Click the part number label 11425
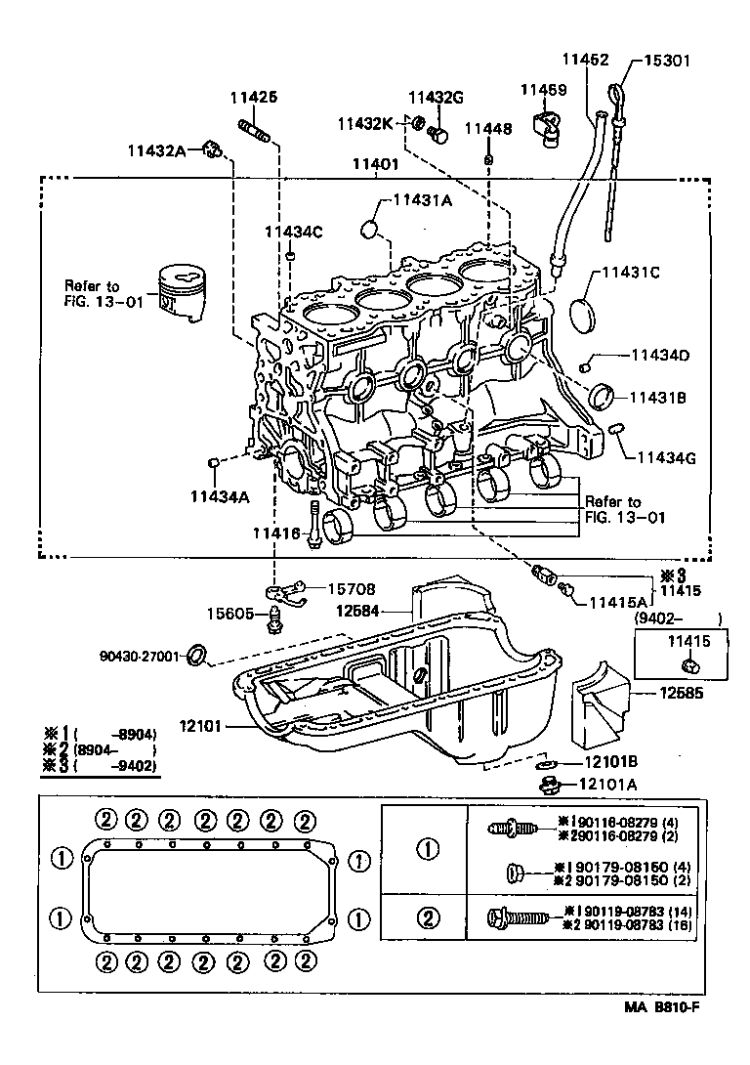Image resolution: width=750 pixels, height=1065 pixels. (x=254, y=97)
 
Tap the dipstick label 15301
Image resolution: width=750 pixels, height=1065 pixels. (x=666, y=61)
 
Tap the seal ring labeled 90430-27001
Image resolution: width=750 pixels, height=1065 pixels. (x=196, y=654)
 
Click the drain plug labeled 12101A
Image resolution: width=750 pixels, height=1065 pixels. (x=547, y=783)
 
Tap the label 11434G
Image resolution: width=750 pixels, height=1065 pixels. (x=669, y=457)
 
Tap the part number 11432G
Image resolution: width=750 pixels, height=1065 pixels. (x=436, y=97)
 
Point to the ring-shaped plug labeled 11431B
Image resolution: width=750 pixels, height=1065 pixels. (x=604, y=397)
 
